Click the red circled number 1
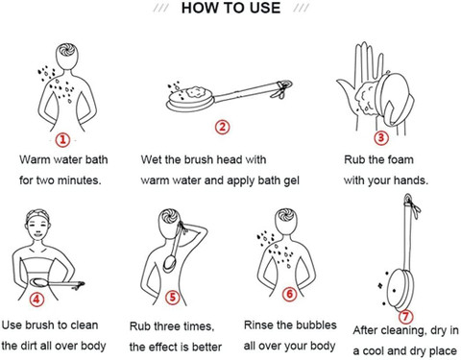(x=62, y=140)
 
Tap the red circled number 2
(x=222, y=127)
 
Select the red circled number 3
(x=381, y=137)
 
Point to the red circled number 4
(x=36, y=300)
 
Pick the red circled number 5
(x=172, y=298)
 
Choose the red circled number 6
(x=289, y=294)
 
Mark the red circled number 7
(x=405, y=317)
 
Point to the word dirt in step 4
(x=30, y=346)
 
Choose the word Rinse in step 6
(x=258, y=324)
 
